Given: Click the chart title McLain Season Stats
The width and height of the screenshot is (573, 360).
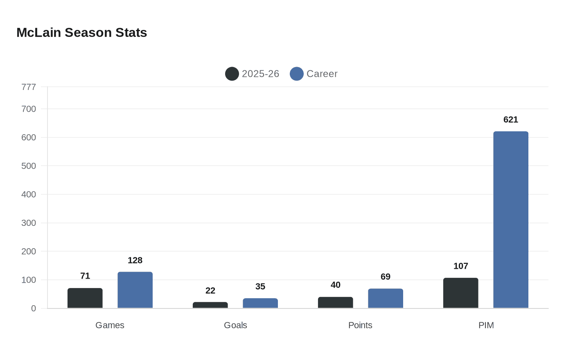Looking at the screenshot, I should coord(81,33).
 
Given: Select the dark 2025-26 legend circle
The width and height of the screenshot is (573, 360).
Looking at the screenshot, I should coord(232,74).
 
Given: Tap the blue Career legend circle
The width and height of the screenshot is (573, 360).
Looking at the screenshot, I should coord(297,74).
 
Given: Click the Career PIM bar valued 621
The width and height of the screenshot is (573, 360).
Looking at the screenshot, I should coord(510,220).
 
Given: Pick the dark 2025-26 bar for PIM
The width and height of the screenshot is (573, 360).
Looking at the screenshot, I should coord(460,293).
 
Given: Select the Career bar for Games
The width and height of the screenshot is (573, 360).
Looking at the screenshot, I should coord(135,290).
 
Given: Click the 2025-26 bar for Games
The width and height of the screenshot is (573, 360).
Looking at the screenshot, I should coord(85,298).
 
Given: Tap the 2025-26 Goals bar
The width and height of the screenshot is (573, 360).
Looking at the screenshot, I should coord(210,305).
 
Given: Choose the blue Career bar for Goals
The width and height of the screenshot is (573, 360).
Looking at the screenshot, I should coord(260,303).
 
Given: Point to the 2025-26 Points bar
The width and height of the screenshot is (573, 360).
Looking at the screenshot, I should coord(335,303).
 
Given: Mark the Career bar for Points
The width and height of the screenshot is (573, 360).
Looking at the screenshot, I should coord(385,298).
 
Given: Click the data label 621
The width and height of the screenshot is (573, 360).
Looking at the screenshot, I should coord(510,120).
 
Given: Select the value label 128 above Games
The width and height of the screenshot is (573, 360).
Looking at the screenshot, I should coord(135,261).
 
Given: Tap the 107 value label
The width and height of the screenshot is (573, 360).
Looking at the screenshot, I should coord(460,266).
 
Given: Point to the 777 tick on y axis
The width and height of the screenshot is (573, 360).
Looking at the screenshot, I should coord(29,87).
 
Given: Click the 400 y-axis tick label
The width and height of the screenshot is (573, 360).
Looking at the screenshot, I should coord(29,194).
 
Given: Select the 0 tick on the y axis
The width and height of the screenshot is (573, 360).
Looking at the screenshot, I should coord(34,308).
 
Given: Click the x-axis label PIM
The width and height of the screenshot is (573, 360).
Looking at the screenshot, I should coord(486,325).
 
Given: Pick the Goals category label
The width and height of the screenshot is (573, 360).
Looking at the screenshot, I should coord(235,325).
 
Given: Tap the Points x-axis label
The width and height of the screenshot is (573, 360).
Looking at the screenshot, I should coord(360,325).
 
